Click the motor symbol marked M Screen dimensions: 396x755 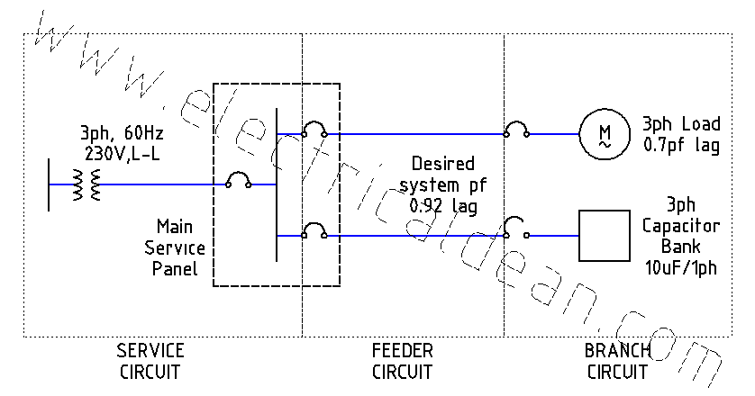pyautogui.click(x=603, y=132)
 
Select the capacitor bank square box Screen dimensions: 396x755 pyautogui.click(x=603, y=236)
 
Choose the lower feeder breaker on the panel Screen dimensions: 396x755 pyautogui.click(x=314, y=233)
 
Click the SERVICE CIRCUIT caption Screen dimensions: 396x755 pyautogui.click(x=150, y=360)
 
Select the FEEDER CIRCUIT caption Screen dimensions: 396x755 pyautogui.click(x=402, y=360)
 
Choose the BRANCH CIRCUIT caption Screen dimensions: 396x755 pyautogui.click(x=617, y=360)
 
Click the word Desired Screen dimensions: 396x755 pyautogui.click(x=441, y=165)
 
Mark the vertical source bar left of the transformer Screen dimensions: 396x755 pyautogui.click(x=50, y=184)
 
